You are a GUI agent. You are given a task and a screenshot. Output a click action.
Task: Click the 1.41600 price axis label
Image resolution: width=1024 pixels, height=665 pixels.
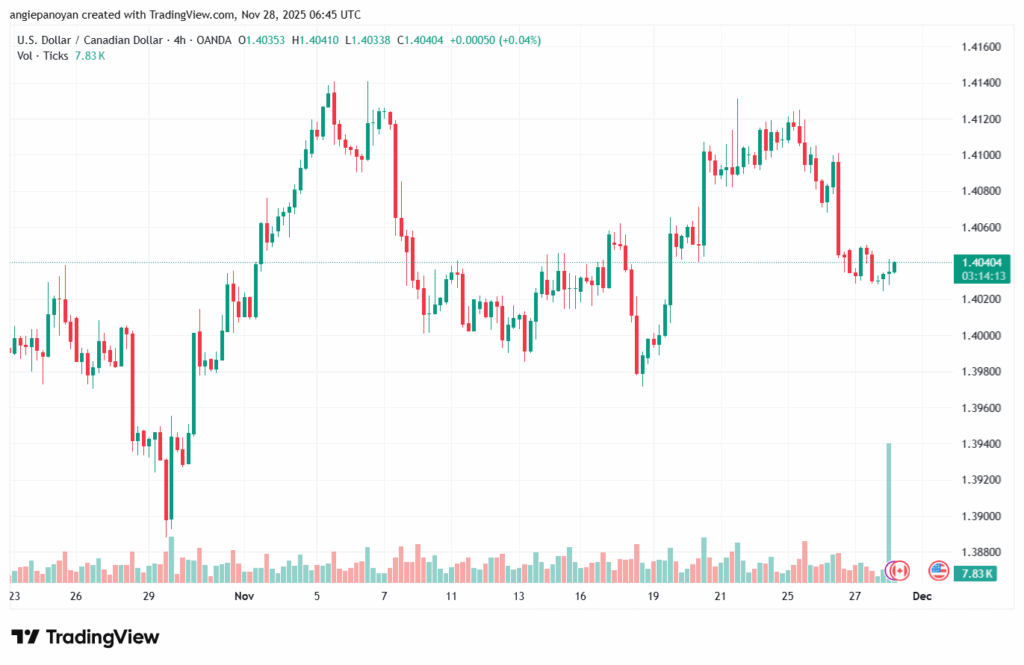click(x=981, y=47)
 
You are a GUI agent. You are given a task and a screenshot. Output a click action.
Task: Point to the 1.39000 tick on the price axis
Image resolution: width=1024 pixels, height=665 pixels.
click(x=981, y=516)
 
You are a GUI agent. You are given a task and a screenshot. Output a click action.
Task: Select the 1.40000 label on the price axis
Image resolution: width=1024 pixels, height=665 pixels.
click(x=981, y=336)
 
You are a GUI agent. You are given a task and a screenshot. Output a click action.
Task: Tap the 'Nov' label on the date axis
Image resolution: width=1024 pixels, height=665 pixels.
click(x=244, y=596)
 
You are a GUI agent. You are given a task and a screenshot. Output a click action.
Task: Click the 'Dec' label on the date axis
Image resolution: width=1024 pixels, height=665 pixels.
click(x=921, y=596)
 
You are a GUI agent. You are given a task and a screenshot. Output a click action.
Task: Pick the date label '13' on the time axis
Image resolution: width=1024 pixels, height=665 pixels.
click(x=519, y=596)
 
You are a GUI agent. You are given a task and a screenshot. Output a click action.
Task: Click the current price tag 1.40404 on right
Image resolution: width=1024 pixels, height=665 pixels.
click(x=981, y=261)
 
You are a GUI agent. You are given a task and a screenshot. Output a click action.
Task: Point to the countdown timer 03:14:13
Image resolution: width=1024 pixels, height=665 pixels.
click(x=981, y=274)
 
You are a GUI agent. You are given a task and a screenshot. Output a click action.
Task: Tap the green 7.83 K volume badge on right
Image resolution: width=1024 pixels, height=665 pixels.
click(x=975, y=573)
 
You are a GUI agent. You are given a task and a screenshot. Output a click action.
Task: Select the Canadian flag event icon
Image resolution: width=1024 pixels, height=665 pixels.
click(x=898, y=571)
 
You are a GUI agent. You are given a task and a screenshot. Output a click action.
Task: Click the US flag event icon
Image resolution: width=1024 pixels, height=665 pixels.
click(x=938, y=571)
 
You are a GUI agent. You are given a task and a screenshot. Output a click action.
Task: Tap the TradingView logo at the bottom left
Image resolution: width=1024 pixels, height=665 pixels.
click(x=85, y=637)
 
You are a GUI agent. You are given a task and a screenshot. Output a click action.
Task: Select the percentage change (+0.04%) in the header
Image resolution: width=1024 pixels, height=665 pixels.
click(x=520, y=40)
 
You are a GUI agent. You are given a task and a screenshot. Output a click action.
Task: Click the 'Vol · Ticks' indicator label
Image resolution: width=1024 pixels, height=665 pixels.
click(x=43, y=56)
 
